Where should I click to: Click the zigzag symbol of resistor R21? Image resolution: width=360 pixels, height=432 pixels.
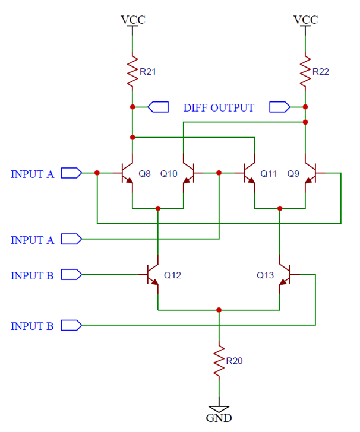132,71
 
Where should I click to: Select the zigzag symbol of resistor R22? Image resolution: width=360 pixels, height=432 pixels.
305,71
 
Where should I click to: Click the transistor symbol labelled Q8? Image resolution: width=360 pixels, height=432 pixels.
128,173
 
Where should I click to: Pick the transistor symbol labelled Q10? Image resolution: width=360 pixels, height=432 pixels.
188,173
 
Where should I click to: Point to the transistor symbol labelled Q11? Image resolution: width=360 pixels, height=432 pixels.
250,173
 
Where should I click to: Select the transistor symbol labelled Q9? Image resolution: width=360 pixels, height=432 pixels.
310,173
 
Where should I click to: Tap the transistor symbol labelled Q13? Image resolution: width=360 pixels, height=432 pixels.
285,275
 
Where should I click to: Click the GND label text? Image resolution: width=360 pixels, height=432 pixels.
219,418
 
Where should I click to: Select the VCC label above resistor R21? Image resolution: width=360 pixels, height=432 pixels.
132,20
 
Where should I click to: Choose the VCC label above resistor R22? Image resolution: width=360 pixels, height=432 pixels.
305,20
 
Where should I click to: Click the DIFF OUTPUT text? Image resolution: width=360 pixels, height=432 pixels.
218,107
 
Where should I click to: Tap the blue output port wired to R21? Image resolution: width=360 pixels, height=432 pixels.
158,107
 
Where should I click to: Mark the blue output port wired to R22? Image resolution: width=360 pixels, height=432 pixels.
279,107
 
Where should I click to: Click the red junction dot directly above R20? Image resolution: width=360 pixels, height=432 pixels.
219,310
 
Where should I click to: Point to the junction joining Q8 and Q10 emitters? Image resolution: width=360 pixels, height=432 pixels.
158,208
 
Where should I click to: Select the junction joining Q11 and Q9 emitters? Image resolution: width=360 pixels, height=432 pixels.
280,208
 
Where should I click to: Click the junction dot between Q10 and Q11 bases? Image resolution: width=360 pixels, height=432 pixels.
219,173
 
